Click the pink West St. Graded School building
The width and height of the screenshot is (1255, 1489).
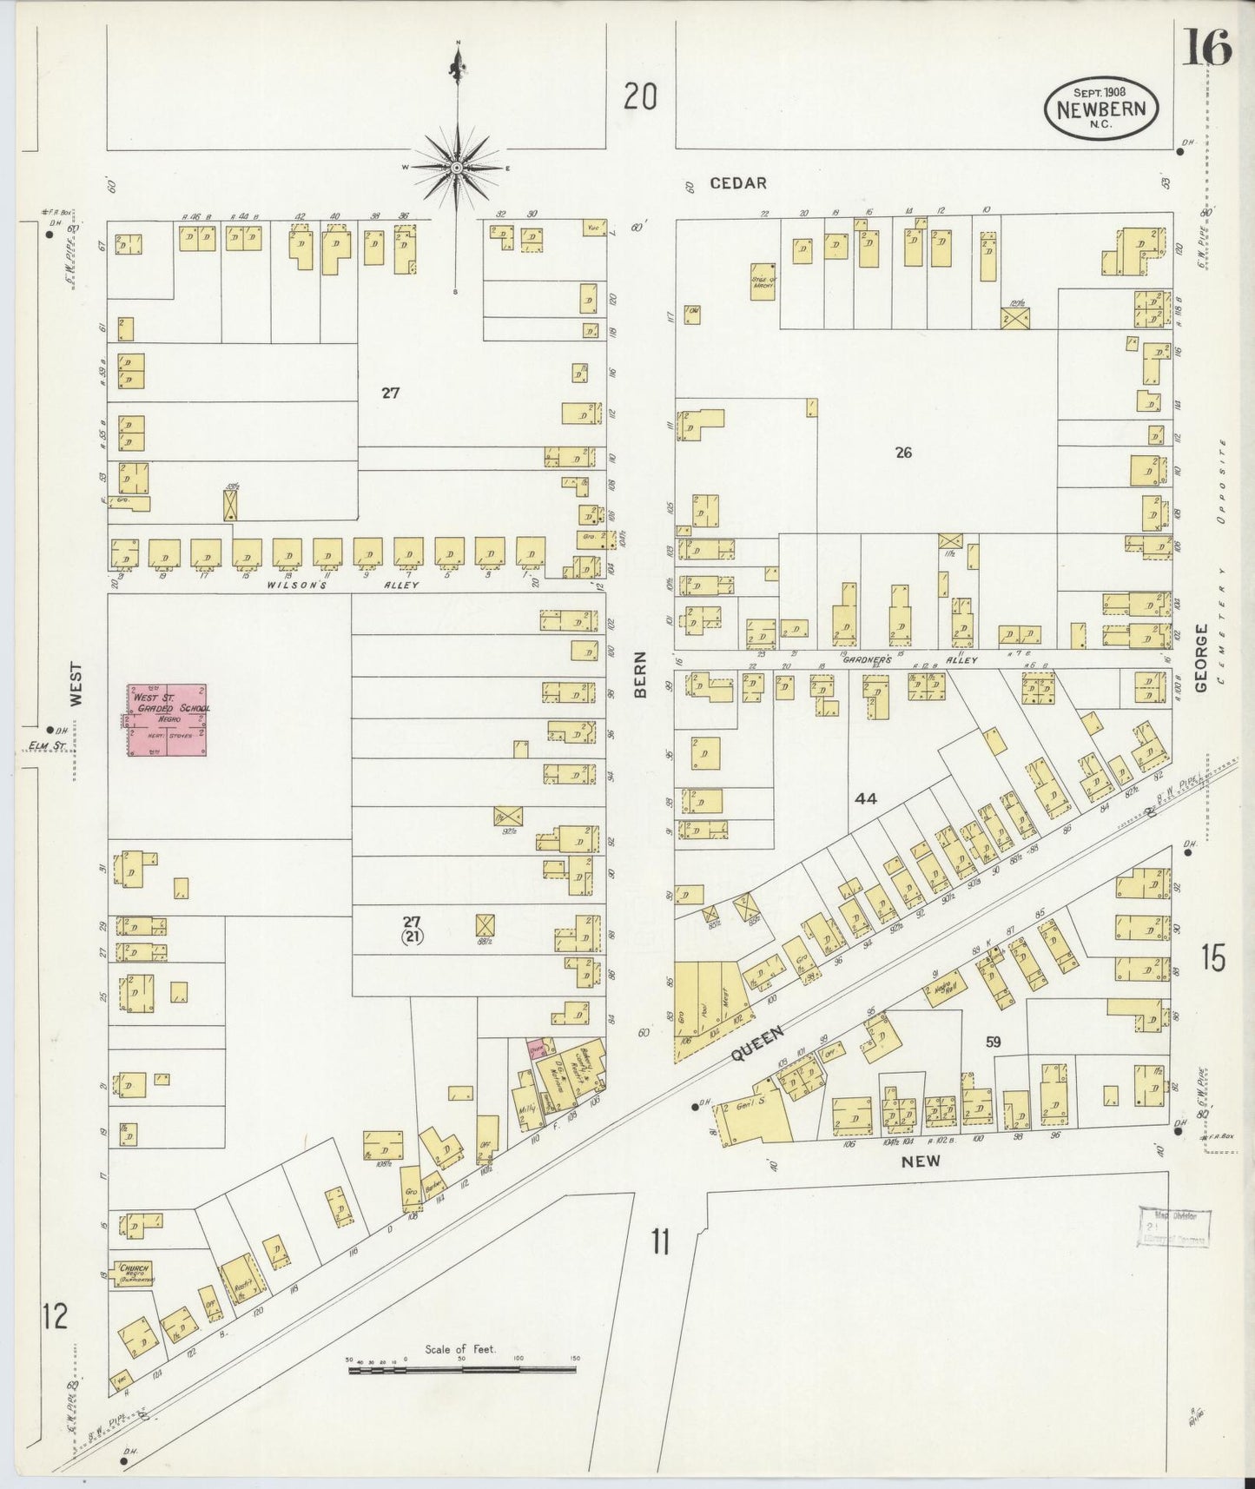click(x=168, y=720)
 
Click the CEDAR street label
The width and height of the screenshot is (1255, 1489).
click(x=737, y=183)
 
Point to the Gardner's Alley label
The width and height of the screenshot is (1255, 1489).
click(x=903, y=660)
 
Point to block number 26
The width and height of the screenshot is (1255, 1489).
click(x=903, y=453)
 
